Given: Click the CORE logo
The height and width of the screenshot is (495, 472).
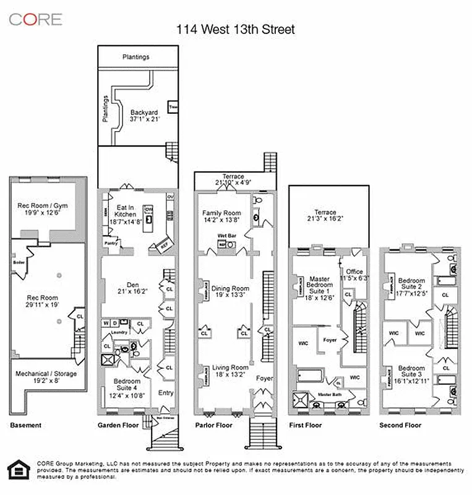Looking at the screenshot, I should point(35,19).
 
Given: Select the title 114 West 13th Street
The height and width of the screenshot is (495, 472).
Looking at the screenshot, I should point(236,29).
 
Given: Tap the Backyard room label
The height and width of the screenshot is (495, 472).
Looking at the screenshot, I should point(145,114).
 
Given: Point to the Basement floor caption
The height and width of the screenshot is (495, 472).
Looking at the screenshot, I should point(26,425).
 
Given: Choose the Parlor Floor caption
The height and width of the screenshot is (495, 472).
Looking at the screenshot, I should point(214,425).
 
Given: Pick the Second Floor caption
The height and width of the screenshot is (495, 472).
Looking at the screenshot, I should point(400,425).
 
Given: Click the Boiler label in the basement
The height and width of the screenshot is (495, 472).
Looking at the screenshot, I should point(18,262).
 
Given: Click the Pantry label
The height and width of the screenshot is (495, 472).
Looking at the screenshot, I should point(111,243).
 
